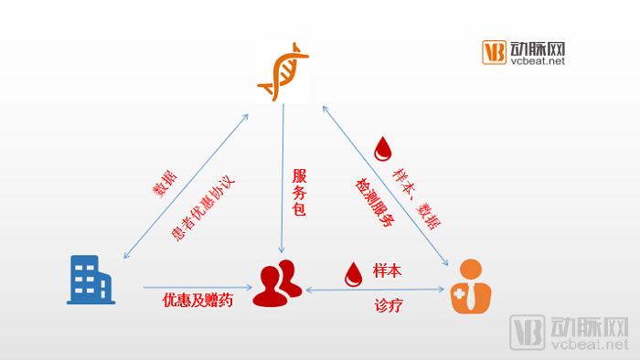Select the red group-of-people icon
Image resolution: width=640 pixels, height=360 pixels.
click(280, 284)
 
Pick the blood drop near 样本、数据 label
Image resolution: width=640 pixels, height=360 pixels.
click(383, 149)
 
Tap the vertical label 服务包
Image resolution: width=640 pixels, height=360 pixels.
click(299, 193)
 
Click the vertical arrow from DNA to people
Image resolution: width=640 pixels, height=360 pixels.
click(284, 174)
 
